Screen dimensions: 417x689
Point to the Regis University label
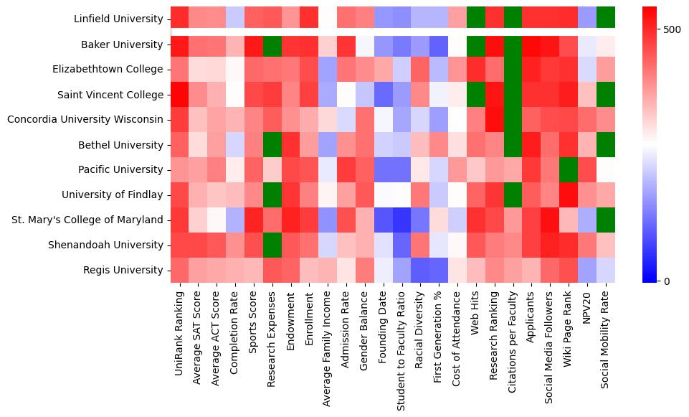(124, 270)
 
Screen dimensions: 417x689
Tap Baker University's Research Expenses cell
(272, 44)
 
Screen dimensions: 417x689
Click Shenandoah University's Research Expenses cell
(272, 245)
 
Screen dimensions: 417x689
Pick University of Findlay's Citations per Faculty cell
(513, 195)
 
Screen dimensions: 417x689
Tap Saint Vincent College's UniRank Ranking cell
(180, 95)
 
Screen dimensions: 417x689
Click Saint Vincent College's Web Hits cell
(476, 95)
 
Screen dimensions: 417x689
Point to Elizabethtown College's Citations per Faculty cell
(513, 70)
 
